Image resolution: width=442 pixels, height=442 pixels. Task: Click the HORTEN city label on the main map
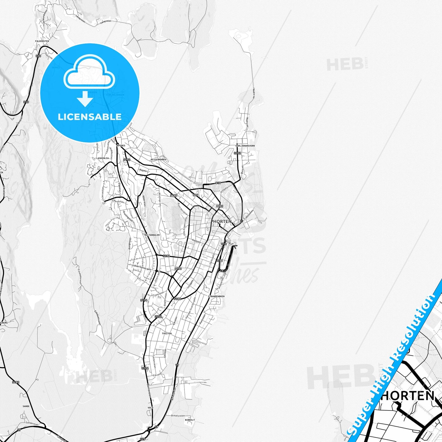point(222,221)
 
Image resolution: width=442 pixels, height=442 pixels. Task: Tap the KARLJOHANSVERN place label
point(245,146)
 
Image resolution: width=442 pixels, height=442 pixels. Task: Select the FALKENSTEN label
point(42,41)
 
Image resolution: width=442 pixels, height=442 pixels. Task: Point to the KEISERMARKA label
point(158,160)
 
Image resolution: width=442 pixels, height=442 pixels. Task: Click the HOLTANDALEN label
point(152,235)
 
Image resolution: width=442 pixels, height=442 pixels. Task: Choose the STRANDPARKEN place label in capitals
point(216,296)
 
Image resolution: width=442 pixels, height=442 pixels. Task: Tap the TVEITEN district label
point(167,333)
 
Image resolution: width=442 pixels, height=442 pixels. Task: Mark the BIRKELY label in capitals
point(190,420)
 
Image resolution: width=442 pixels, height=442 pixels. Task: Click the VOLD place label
point(150,408)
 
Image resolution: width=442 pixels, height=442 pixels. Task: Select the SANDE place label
point(26,406)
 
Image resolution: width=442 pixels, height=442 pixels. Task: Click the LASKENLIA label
point(101,158)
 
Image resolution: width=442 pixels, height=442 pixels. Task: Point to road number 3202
point(237,153)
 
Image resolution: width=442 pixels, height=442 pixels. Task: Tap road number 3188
point(177,299)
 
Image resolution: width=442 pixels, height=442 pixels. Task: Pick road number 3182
point(16,382)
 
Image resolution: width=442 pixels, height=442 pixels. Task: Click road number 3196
point(166,256)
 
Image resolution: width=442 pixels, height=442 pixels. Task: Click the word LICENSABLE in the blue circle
point(90,117)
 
